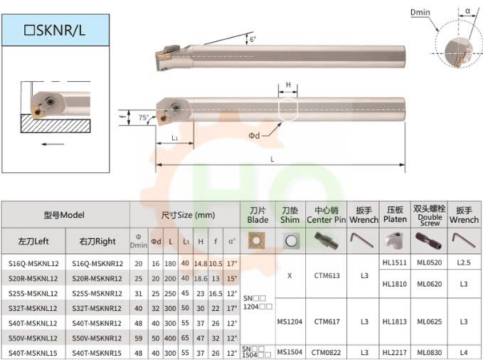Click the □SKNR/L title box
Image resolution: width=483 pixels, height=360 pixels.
click(55, 30)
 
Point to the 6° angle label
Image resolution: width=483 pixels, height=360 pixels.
click(253, 39)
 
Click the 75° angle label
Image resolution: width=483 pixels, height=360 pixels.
click(144, 117)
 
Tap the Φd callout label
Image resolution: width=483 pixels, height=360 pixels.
click(254, 135)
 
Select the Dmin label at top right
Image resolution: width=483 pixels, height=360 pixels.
click(420, 12)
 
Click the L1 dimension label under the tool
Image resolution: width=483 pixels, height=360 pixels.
click(175, 138)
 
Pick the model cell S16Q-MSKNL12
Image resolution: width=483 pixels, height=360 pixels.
click(33, 263)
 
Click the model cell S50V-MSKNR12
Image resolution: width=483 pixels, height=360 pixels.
click(97, 338)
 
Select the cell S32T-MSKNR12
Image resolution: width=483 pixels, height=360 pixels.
click(97, 308)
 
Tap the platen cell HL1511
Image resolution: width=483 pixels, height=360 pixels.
click(395, 263)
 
